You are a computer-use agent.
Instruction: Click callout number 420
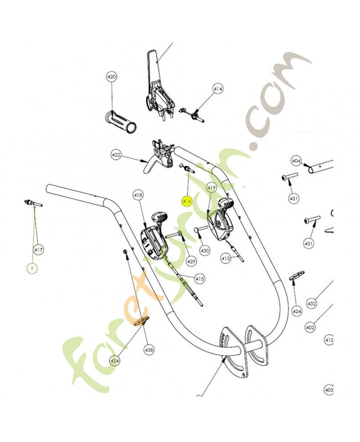click(112, 77)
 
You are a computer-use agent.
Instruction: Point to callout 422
click(116, 155)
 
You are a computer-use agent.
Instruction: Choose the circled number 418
click(138, 195)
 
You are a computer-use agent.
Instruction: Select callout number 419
click(211, 188)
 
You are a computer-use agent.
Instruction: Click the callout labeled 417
click(38, 250)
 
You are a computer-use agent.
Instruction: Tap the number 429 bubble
click(191, 261)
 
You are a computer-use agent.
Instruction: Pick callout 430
click(205, 250)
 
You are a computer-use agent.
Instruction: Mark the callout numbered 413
click(225, 258)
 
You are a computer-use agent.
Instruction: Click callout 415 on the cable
click(199, 279)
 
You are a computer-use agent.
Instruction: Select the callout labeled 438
click(149, 349)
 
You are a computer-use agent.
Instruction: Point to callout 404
click(296, 161)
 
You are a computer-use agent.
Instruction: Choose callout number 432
click(311, 303)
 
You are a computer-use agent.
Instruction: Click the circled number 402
click(310, 327)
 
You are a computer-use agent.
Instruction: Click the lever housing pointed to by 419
click(222, 221)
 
